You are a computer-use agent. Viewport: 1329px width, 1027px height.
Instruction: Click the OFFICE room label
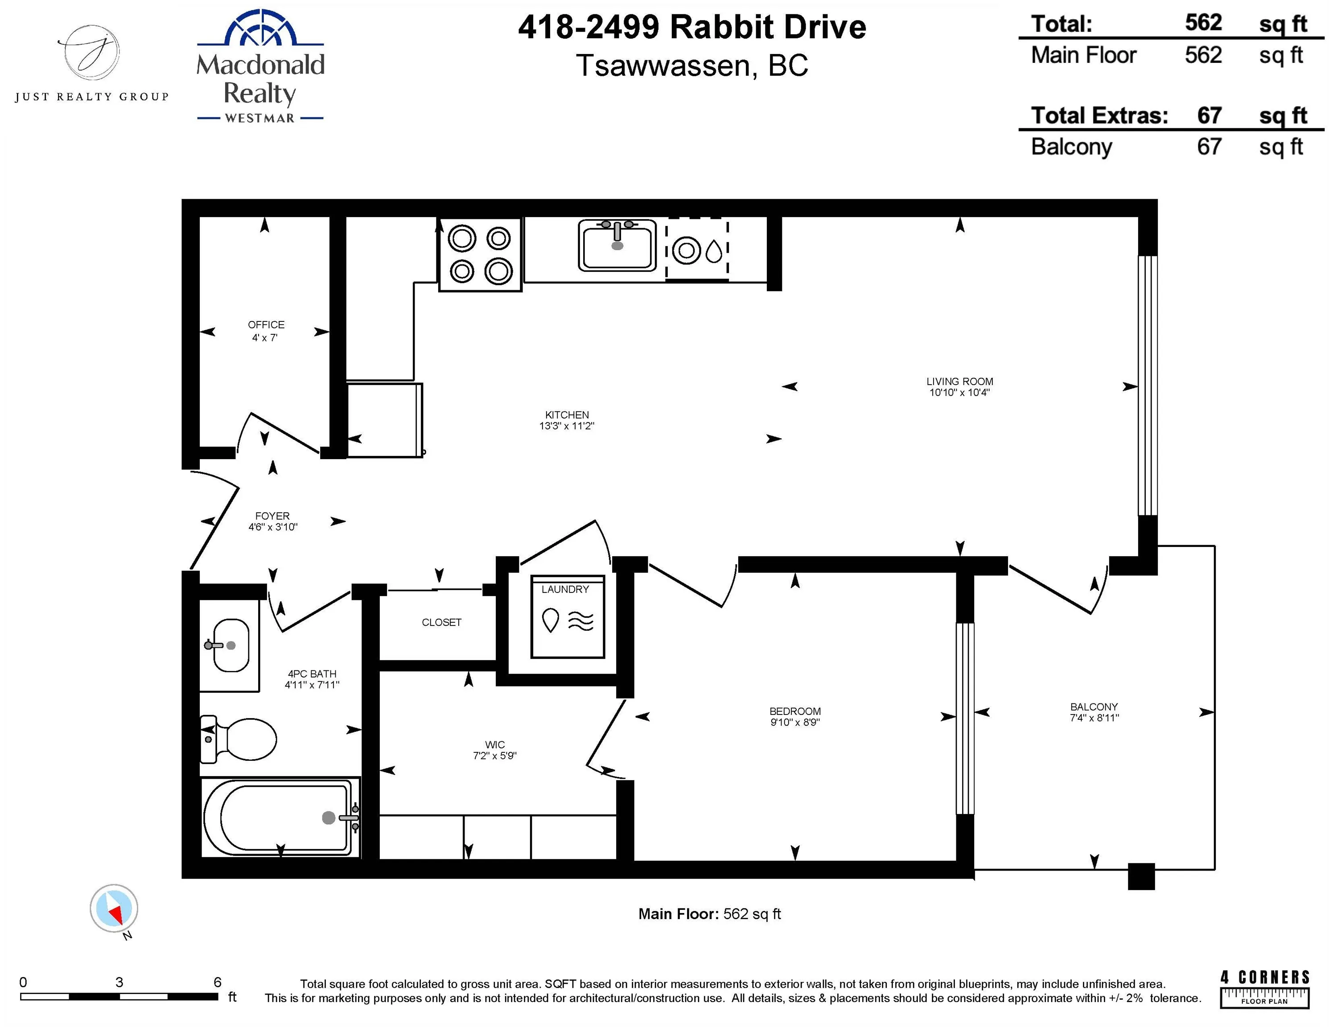(x=266, y=325)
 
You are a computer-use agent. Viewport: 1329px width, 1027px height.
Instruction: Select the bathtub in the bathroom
(x=280, y=817)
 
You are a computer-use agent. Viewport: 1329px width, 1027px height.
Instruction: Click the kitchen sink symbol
(x=617, y=245)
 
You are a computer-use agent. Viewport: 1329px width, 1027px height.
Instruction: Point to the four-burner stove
(x=480, y=255)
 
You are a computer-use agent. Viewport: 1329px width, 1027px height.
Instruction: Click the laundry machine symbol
(x=568, y=617)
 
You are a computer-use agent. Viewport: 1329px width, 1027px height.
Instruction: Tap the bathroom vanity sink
(x=230, y=645)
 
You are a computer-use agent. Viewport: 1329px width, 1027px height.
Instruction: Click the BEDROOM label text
(x=795, y=711)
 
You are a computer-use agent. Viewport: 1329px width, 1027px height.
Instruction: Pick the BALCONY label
(x=1094, y=707)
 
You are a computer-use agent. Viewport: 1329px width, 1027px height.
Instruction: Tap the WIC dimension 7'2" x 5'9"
(x=495, y=756)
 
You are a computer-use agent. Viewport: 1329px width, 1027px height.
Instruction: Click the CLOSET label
(x=441, y=622)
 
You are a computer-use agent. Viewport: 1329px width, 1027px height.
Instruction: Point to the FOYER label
(x=272, y=516)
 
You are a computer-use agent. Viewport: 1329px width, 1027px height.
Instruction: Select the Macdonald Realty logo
(x=260, y=67)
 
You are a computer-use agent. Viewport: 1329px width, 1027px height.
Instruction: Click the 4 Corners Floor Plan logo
(x=1264, y=989)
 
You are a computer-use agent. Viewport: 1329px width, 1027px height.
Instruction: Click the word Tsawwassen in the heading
(x=666, y=66)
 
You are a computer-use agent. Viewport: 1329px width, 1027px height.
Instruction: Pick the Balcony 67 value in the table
(x=1209, y=147)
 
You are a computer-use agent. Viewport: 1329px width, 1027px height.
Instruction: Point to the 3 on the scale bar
(x=119, y=982)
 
